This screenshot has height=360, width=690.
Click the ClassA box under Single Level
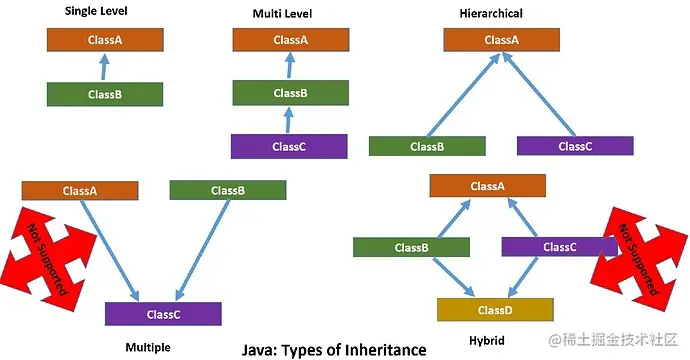pyautogui.click(x=105, y=41)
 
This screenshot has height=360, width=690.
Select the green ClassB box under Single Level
pyautogui.click(x=105, y=95)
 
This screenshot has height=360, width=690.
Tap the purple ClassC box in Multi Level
pyautogui.click(x=290, y=146)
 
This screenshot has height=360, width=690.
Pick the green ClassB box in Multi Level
pyautogui.click(x=290, y=94)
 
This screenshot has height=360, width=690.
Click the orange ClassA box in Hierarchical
pyautogui.click(x=502, y=41)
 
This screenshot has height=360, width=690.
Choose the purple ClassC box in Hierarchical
pyautogui.click(x=575, y=146)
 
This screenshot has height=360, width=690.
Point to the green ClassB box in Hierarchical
pyautogui.click(x=427, y=146)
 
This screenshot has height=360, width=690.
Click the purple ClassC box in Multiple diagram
pyautogui.click(x=163, y=315)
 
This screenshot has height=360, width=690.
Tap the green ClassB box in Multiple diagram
pyautogui.click(x=228, y=191)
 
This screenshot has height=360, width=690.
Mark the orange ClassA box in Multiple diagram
pyautogui.click(x=80, y=191)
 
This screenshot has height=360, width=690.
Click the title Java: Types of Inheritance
pyautogui.click(x=334, y=350)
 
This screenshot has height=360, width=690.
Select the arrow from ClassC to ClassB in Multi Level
pyautogui.click(x=288, y=120)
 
